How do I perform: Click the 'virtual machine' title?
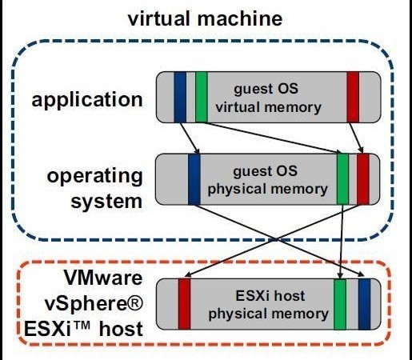(205, 18)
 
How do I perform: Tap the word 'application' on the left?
(87, 100)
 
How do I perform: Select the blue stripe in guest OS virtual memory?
(180, 97)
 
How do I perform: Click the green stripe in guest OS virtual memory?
(202, 97)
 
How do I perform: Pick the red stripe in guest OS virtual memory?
(353, 97)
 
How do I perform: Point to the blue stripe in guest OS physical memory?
(194, 179)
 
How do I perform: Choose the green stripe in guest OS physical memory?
(342, 179)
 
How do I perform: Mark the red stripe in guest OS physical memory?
(363, 179)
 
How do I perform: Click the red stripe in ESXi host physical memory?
(185, 304)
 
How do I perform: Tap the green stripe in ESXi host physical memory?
(340, 304)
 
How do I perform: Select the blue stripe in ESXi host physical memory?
(365, 304)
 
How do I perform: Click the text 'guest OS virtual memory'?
(268, 98)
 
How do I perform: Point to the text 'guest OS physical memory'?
(267, 181)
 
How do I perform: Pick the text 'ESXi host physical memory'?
(268, 306)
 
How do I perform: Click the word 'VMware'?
(103, 278)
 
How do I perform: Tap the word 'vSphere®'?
(94, 304)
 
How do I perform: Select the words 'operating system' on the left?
(94, 188)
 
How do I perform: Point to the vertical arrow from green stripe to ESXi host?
(342, 242)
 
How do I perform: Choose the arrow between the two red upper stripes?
(356, 138)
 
